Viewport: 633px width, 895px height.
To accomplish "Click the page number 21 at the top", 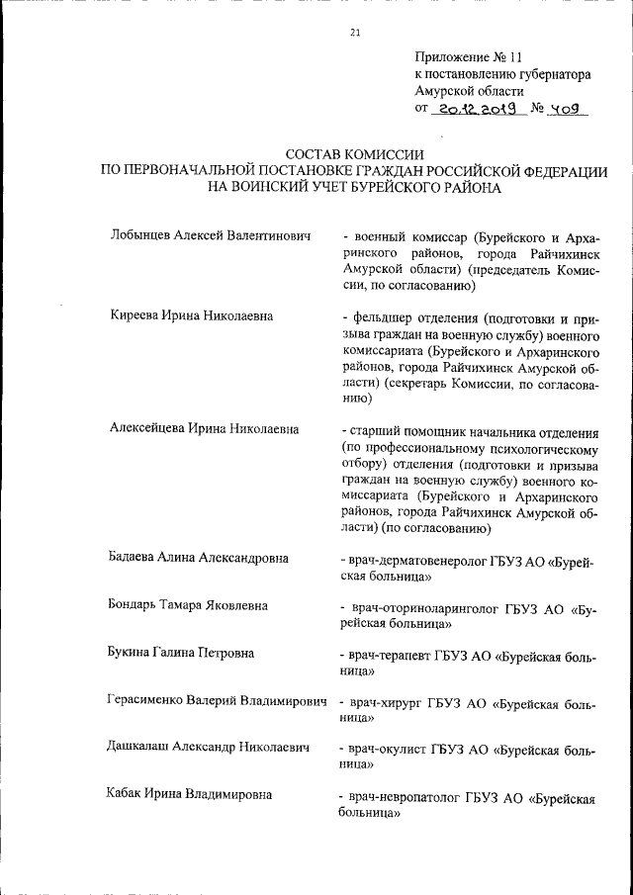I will (x=355, y=33).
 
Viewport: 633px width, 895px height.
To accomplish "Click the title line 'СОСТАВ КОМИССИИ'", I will (x=354, y=154).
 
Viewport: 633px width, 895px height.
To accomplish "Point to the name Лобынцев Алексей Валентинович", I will (x=211, y=237).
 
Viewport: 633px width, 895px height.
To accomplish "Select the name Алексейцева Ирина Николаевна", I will (x=205, y=430).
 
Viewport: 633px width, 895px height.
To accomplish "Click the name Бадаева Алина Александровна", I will (x=198, y=558).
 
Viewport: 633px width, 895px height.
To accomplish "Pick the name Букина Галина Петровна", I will (x=181, y=653).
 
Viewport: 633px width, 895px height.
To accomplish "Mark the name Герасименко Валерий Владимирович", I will (x=216, y=700).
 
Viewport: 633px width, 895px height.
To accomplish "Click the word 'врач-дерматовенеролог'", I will (x=412, y=559).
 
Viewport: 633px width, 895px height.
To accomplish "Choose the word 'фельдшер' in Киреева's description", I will (x=381, y=317).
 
